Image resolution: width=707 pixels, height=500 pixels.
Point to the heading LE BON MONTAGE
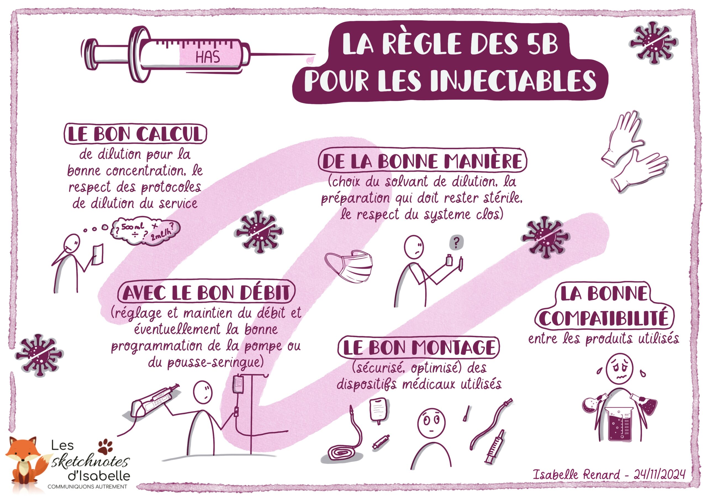tap(419, 347)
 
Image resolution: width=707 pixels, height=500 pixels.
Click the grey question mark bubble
tap(456, 243)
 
